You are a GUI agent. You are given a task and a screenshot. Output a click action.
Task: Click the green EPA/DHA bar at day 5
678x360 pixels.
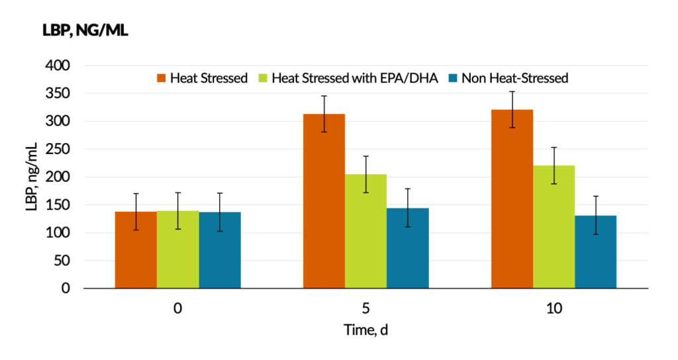(x=365, y=232)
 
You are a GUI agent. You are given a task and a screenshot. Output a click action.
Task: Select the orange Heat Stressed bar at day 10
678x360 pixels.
(x=512, y=199)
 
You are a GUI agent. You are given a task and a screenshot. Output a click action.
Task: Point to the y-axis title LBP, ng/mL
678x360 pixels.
(x=31, y=177)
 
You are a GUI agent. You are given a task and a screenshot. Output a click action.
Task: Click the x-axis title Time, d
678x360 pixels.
(x=365, y=330)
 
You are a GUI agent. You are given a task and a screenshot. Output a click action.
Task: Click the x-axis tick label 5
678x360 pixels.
(x=365, y=308)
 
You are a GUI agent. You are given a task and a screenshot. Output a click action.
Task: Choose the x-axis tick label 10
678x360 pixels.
(x=553, y=308)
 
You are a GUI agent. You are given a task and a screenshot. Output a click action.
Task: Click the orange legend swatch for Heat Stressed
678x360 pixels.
(x=161, y=78)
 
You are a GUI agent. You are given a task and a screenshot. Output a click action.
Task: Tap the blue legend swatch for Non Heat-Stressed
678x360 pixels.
(x=453, y=78)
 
